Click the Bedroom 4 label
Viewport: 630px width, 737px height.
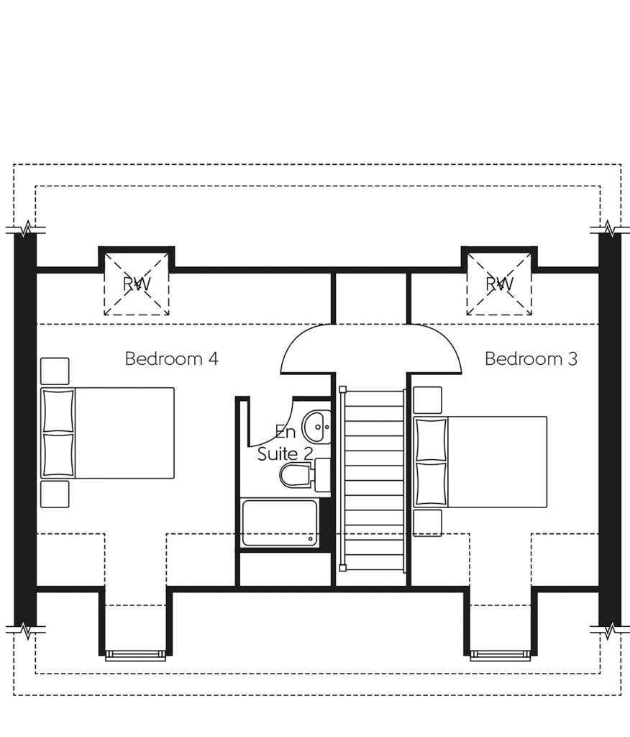pos(171,358)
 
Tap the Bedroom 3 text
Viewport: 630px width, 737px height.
pos(531,358)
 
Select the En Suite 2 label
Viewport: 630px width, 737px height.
pos(286,443)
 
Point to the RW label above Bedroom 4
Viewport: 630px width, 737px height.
pos(137,284)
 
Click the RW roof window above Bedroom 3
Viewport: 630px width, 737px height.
pos(499,284)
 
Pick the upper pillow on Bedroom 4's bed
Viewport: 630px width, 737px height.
pos(58,410)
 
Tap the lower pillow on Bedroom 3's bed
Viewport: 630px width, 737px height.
pos(431,484)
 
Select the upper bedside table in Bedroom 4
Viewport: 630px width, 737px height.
pos(55,371)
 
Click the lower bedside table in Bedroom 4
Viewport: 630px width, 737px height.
pos(55,494)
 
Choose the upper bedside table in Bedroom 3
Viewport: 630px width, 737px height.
pos(427,400)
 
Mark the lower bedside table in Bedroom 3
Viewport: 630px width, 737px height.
pos(427,523)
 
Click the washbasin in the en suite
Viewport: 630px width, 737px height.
pos(316,427)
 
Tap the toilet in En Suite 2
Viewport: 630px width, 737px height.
pos(296,476)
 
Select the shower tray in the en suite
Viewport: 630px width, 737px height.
pos(280,523)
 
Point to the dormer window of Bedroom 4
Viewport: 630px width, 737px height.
pos(135,655)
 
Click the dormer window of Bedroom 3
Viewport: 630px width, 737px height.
pos(501,655)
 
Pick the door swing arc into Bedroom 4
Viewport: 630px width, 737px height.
pos(306,349)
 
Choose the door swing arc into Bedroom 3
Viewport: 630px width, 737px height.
pos(437,349)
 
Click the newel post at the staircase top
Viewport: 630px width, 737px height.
pos(343,390)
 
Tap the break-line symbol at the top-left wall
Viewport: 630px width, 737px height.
pos(26,230)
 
